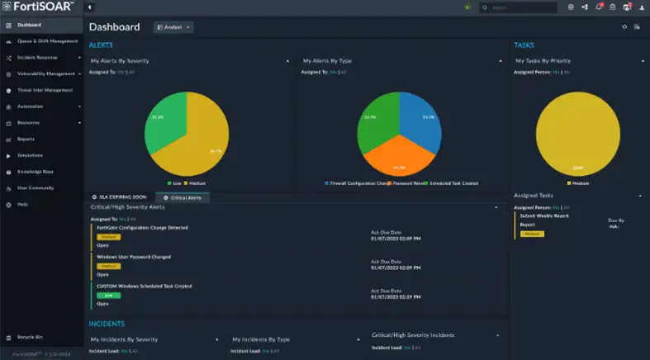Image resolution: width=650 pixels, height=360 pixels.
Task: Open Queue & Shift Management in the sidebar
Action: click(47, 41)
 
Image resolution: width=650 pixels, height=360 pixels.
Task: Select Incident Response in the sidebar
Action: click(37, 58)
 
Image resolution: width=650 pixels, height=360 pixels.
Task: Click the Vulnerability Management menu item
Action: click(46, 73)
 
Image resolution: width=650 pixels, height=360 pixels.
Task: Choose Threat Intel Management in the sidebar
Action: click(45, 90)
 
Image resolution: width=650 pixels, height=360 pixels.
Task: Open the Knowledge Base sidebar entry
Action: click(30, 171)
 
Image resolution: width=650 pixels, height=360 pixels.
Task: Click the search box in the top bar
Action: click(522, 7)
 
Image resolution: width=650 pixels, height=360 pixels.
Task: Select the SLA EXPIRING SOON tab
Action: click(123, 197)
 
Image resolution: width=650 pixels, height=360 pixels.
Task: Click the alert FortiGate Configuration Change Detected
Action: click(142, 227)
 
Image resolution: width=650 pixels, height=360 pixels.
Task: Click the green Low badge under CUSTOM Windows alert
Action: click(108, 294)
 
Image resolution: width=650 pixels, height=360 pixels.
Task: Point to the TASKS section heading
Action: click(524, 45)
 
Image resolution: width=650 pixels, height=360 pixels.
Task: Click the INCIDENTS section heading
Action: click(107, 323)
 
